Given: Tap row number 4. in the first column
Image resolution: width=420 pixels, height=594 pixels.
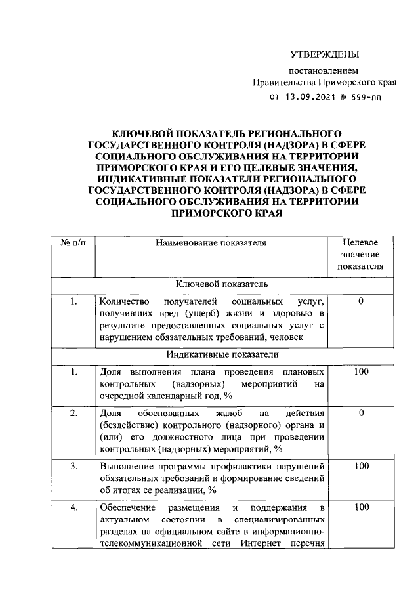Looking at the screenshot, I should click(x=73, y=507).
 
